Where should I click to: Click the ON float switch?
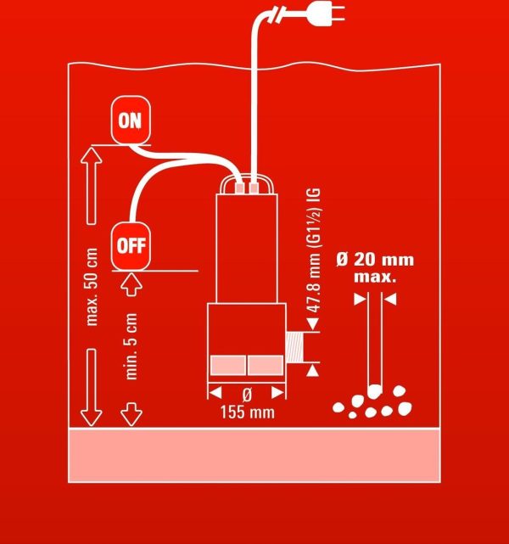click(x=131, y=120)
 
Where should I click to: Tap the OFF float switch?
click(x=131, y=245)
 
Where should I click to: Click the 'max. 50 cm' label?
click(x=92, y=287)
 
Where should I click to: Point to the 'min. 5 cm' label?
click(x=131, y=346)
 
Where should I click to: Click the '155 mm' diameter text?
click(x=247, y=412)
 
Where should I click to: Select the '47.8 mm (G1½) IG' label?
click(x=313, y=250)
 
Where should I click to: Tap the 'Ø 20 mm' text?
click(x=375, y=260)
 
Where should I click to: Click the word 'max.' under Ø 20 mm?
click(x=375, y=277)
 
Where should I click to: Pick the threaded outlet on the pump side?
click(x=294, y=348)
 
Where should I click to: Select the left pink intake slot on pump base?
click(x=228, y=365)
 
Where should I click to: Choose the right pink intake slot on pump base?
click(x=266, y=365)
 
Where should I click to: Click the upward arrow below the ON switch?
click(x=91, y=186)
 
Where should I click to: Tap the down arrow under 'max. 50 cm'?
click(x=91, y=387)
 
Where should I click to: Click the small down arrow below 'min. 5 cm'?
click(x=131, y=414)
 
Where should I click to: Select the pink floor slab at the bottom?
click(x=255, y=455)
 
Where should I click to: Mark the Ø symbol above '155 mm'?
click(x=247, y=395)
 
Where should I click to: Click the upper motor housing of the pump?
click(x=247, y=249)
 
